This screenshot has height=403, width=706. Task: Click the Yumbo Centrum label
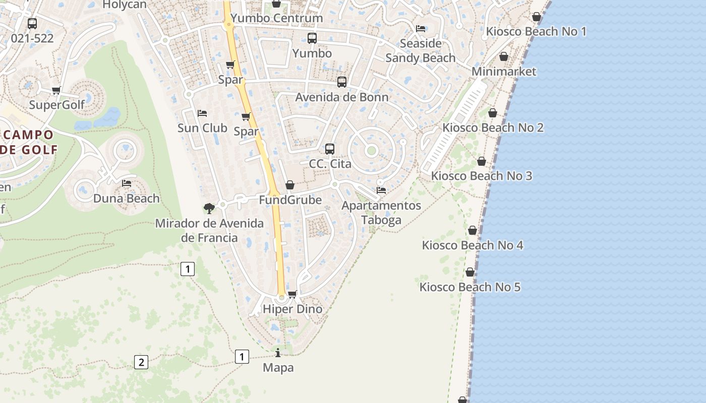point(276,18)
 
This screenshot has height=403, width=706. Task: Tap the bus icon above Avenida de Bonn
point(342,82)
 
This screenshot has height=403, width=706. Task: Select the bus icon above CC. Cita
point(330,149)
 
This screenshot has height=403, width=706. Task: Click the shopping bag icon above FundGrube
point(289,185)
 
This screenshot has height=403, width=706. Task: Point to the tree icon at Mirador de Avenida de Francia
point(209,208)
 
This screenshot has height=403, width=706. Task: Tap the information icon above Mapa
point(278,353)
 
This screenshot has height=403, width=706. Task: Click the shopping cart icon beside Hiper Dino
point(292,294)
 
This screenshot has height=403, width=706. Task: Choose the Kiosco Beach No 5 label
point(470,287)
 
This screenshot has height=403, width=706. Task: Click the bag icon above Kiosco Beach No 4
point(473,230)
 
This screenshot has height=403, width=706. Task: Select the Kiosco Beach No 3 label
point(482,176)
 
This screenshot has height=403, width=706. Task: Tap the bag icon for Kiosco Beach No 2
point(493,113)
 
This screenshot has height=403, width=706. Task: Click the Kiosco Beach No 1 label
point(536,32)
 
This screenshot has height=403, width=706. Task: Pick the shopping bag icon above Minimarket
point(503,56)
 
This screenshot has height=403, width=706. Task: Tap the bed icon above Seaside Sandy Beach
point(421,28)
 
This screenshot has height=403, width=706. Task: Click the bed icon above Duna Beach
point(127,183)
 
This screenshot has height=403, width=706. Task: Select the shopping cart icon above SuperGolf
point(56,91)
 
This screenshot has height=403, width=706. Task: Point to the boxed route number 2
point(141,362)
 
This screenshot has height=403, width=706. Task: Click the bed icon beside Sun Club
point(202,113)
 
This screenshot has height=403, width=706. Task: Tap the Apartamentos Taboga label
point(381,213)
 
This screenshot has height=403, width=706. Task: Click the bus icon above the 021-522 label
point(32,23)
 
